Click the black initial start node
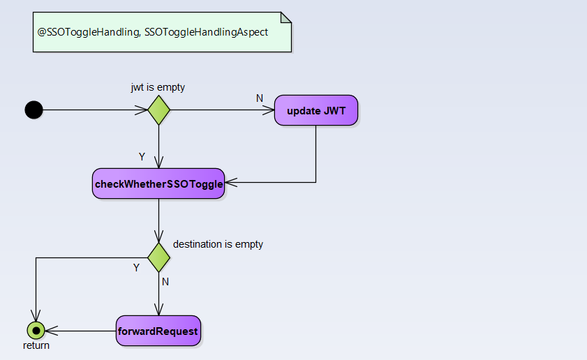point(34,110)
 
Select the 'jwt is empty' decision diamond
point(159,110)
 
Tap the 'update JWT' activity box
point(316,110)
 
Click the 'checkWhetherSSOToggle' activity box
point(158,184)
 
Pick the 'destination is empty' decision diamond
point(159,257)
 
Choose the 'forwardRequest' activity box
point(158,331)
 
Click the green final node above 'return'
point(36,331)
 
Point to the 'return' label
point(36,345)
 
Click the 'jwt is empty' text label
point(158,87)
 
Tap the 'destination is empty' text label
point(218,244)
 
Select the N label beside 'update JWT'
point(260,98)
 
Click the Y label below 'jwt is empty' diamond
point(143,156)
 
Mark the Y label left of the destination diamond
point(136,267)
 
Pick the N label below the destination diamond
point(165,282)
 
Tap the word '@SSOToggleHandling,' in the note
point(89,32)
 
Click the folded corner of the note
point(286,17)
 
